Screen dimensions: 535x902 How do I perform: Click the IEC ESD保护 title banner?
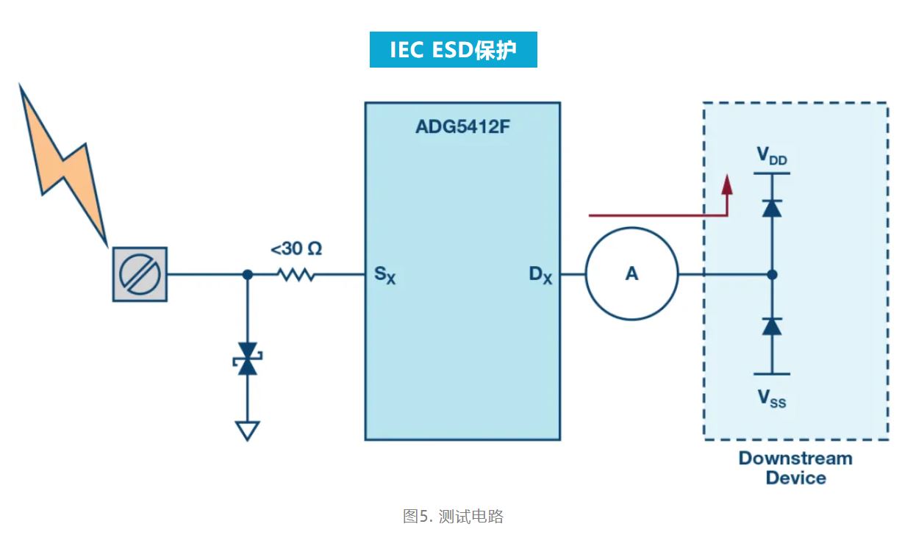coord(453,49)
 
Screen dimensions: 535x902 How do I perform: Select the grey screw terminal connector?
coord(140,274)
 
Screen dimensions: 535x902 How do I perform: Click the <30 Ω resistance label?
coord(296,249)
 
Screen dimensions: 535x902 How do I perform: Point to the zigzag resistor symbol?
coord(296,274)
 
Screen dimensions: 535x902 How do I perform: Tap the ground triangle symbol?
coord(248,431)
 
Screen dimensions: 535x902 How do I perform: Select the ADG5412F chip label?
coord(462,126)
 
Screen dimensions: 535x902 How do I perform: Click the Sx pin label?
coord(384,276)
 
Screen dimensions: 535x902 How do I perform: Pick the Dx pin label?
coord(540,276)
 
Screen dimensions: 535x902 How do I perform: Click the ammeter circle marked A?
coord(631,274)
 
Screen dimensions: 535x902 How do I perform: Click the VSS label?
coord(772,399)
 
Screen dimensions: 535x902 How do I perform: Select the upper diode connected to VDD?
coord(771,208)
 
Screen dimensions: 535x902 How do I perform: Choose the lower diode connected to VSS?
coord(771,326)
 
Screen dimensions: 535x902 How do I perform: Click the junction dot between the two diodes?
coord(771,274)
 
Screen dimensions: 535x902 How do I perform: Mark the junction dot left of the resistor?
coord(248,274)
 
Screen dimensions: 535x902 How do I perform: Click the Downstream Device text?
coord(795,468)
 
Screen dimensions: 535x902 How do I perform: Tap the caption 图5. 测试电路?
coord(453,516)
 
